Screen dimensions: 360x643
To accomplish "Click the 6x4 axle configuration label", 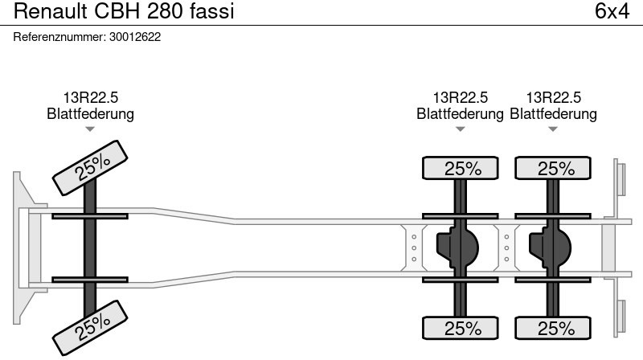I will click(612, 12).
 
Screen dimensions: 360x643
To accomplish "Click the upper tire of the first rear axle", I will click(461, 169).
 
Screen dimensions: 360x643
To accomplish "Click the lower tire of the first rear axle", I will click(461, 328).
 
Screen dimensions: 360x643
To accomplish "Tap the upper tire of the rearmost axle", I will click(554, 169).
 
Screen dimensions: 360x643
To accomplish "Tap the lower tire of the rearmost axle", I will click(554, 328).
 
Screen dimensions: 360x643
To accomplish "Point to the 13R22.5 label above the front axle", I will click(90, 98).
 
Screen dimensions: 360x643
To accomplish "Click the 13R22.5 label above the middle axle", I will click(461, 98).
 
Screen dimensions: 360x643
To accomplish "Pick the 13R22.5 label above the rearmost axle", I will click(554, 98).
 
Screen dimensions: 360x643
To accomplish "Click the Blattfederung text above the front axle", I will click(90, 114).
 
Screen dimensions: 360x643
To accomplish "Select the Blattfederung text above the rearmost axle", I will click(554, 114).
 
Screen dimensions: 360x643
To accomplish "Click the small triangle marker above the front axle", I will click(90, 129).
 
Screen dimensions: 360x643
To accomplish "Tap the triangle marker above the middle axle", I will click(461, 129).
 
